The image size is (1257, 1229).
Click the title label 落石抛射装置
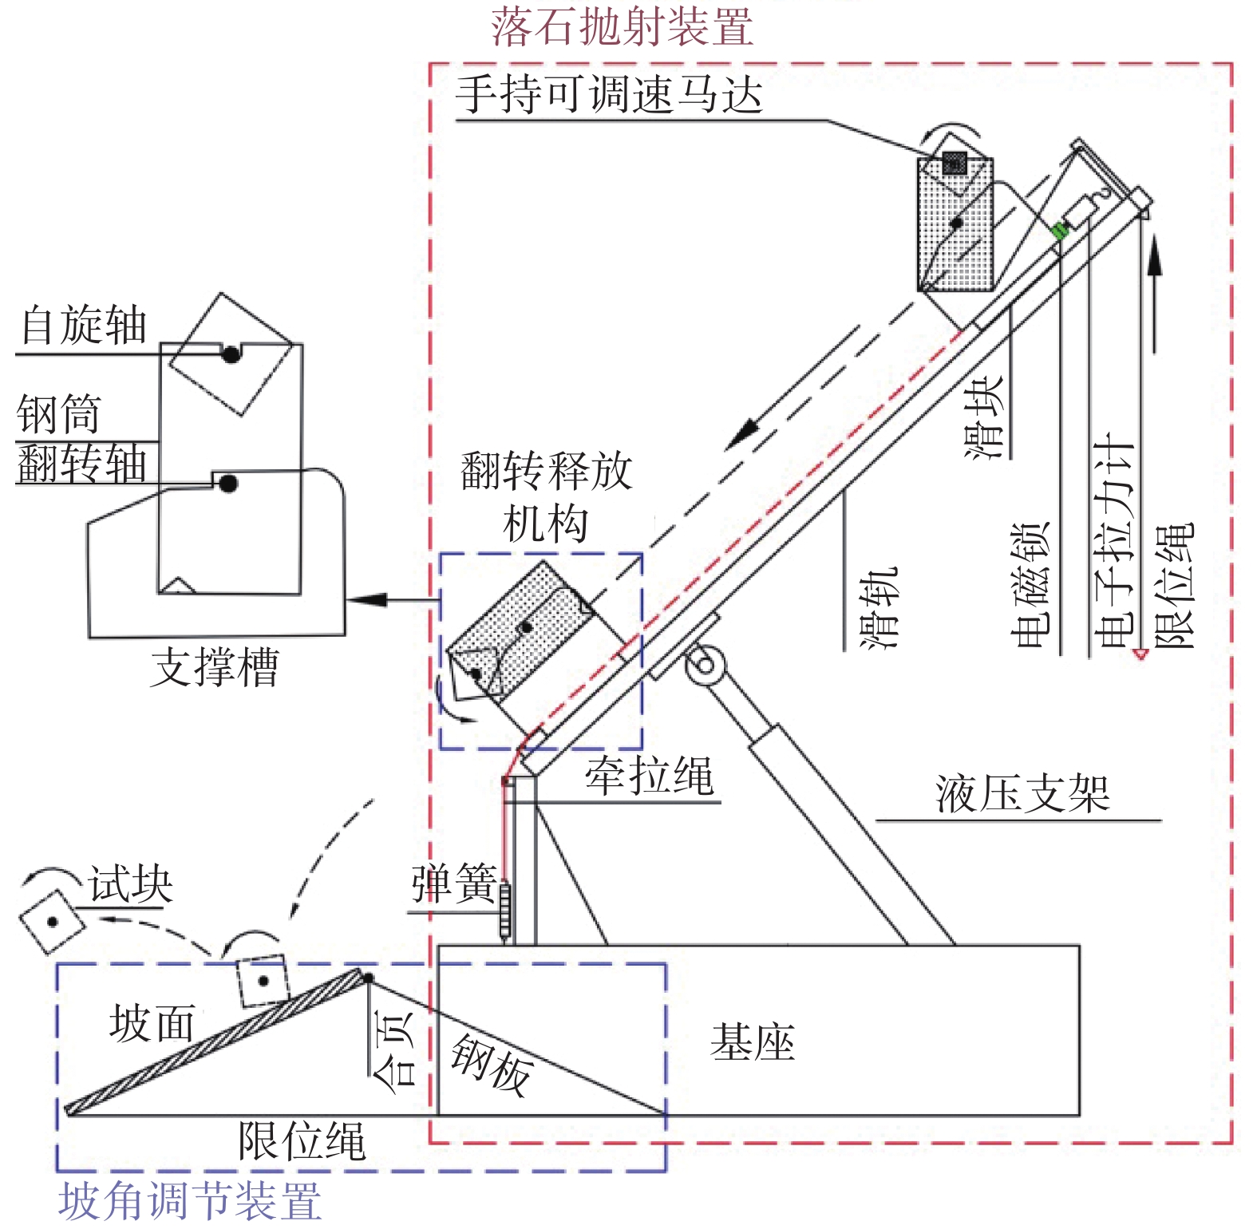click(x=622, y=26)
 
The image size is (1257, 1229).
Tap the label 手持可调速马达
click(x=608, y=95)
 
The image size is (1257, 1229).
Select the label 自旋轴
click(x=83, y=326)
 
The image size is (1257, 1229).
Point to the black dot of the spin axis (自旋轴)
click(x=231, y=354)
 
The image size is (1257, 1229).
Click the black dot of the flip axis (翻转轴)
click(x=228, y=483)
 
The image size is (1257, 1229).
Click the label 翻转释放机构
click(x=547, y=496)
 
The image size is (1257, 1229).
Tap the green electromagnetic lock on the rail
click(x=1059, y=231)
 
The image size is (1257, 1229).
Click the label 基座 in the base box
click(x=752, y=1042)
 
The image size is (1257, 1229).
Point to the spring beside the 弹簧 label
click(x=504, y=910)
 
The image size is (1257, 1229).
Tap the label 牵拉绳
click(x=649, y=776)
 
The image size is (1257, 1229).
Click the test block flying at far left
click(x=52, y=922)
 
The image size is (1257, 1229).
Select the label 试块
click(x=130, y=883)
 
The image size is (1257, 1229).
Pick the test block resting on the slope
click(x=263, y=981)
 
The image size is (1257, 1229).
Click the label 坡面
click(x=152, y=1023)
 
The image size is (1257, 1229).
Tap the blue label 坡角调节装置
click(x=190, y=1201)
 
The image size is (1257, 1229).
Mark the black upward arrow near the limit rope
click(x=1154, y=295)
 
